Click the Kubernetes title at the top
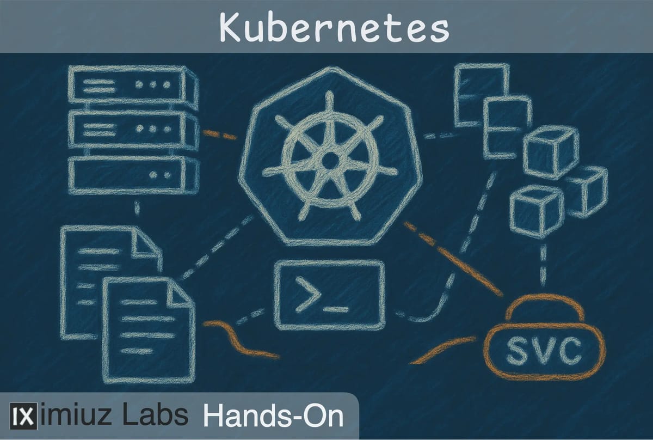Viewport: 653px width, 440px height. pyautogui.click(x=334, y=27)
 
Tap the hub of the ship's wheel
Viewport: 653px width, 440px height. pyautogui.click(x=330, y=160)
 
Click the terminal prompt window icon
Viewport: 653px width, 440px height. pyautogui.click(x=330, y=295)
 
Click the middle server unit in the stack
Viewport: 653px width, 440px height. pyautogui.click(x=133, y=130)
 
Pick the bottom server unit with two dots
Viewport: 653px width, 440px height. pyautogui.click(x=133, y=175)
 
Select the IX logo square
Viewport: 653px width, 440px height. pyautogui.click(x=23, y=416)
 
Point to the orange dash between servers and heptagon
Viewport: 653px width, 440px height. pyautogui.click(x=220, y=135)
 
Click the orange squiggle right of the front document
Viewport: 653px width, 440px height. pyautogui.click(x=242, y=340)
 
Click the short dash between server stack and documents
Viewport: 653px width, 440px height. pyautogui.click(x=137, y=207)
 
